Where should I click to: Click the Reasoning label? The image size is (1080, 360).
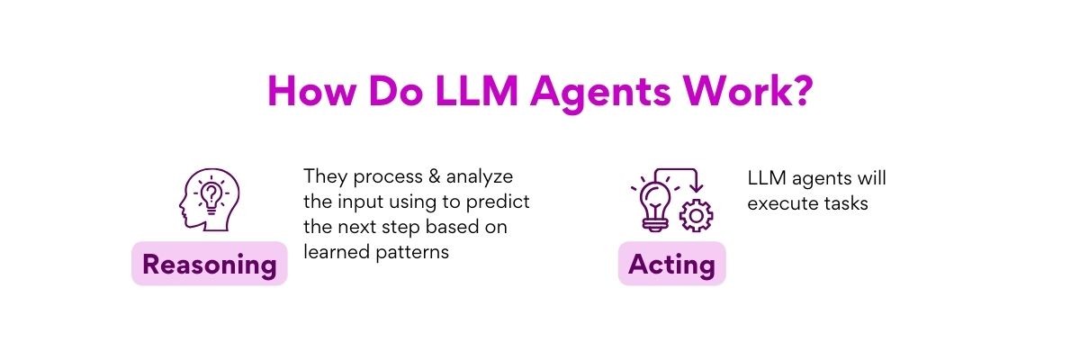209,265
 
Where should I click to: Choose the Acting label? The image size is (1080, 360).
671,265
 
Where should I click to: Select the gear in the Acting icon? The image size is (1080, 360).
695,216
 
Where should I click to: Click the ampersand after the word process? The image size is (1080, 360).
413,175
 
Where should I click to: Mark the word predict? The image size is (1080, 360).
503,201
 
